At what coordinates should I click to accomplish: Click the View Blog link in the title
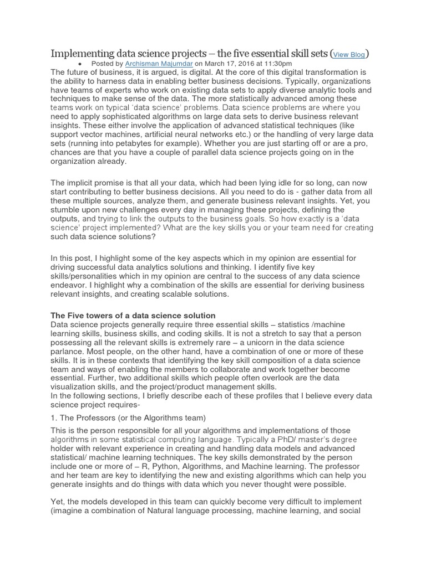pos(349,55)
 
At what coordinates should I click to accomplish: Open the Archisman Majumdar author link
pos(158,64)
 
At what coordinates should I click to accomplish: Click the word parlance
pos(68,351)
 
